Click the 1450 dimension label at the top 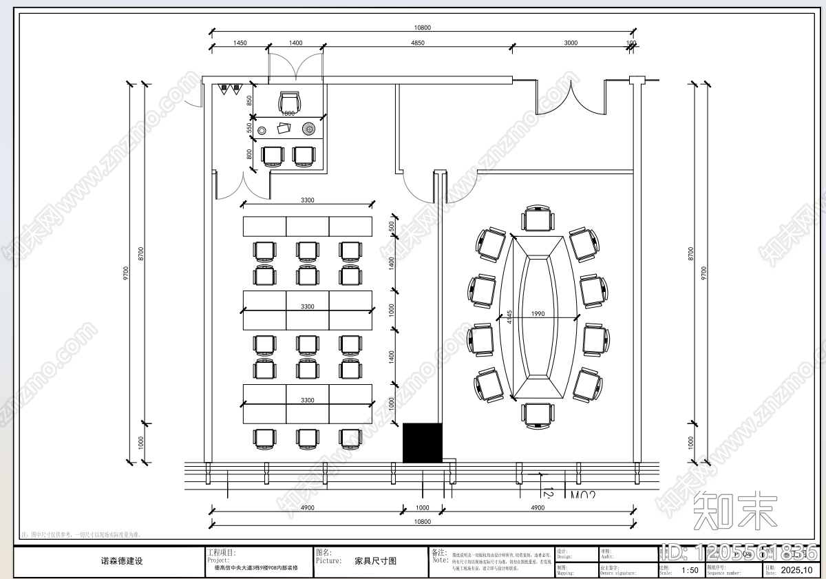point(240,43)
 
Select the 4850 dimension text point(417,43)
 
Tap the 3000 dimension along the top point(571,43)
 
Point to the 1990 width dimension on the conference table point(538,314)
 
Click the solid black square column point(422,443)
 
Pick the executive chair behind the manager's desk point(289,101)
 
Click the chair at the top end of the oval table point(537,218)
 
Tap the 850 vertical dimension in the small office point(249,101)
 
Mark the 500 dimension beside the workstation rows point(392,226)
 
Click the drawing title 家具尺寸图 point(375,561)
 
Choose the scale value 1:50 point(689,570)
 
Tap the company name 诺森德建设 point(122,561)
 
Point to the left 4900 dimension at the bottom point(307,508)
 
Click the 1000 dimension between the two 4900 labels point(423,508)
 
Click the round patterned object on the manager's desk point(308,128)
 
